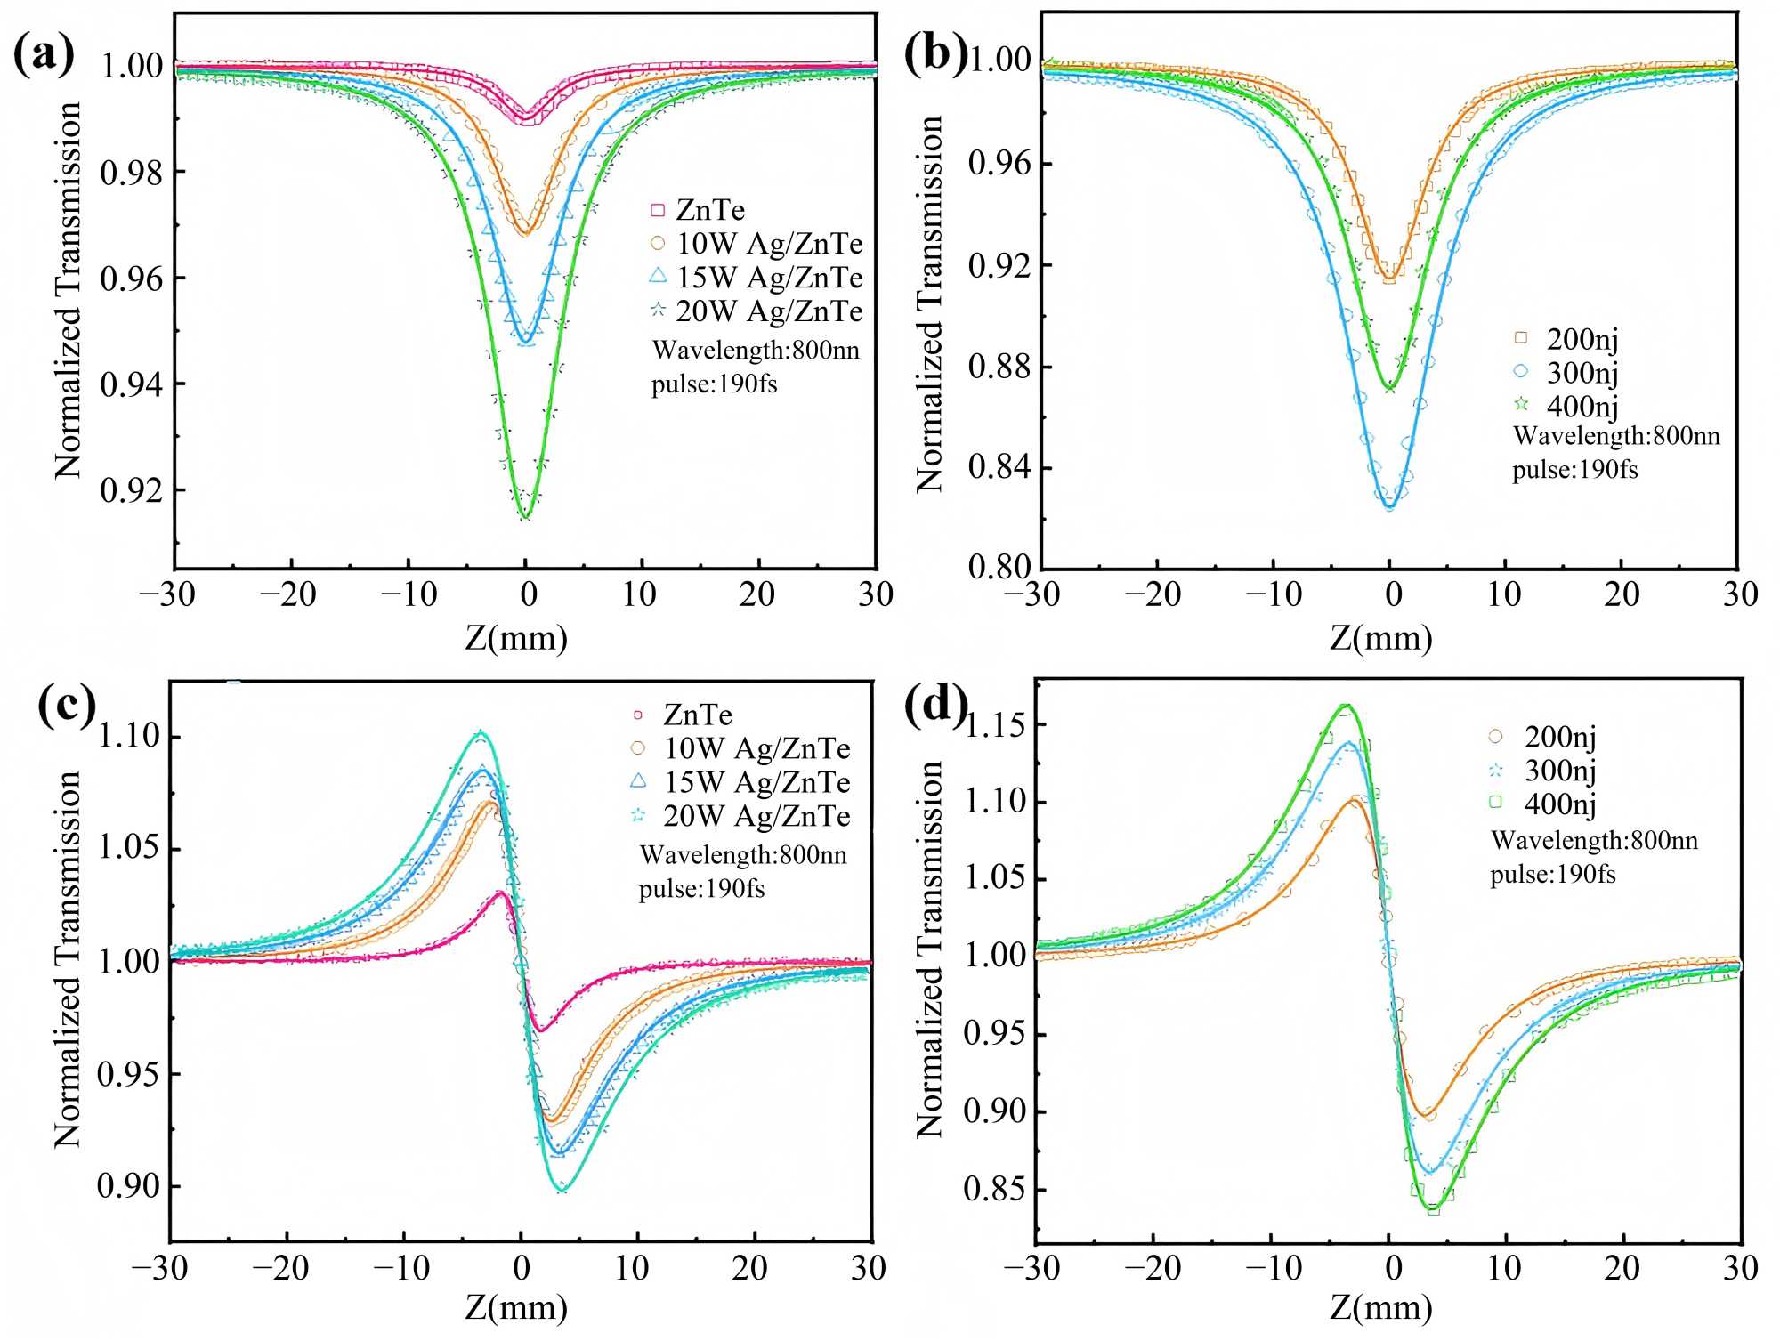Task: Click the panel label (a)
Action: tap(44, 55)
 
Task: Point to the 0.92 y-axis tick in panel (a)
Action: tap(132, 490)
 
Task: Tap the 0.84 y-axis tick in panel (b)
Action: tap(999, 467)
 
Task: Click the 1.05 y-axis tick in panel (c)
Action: tap(128, 847)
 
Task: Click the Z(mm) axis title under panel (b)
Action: tap(1381, 638)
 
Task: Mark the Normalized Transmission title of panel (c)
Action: tap(68, 959)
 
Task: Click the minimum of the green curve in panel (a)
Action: tap(526, 517)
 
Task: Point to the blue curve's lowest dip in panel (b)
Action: tap(1390, 507)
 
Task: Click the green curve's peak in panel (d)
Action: tap(1347, 706)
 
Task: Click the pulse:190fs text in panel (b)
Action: tap(1574, 469)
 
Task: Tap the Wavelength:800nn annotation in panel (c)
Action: tap(743, 855)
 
